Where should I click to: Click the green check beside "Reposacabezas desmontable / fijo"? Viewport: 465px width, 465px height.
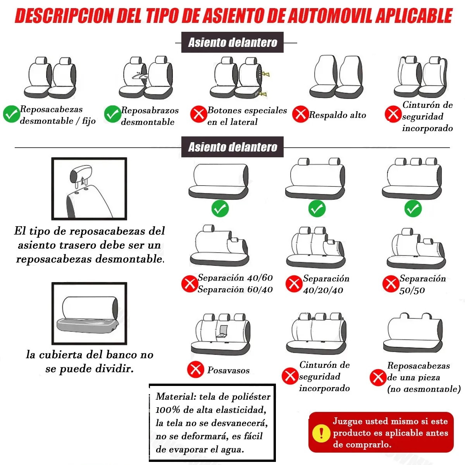[11, 114]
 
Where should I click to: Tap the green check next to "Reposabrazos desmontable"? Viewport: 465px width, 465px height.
[112, 114]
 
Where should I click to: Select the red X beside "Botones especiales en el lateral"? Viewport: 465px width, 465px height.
[198, 114]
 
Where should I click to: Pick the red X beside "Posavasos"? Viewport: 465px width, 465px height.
[195, 369]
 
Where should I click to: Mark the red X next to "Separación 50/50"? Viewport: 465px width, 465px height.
[390, 284]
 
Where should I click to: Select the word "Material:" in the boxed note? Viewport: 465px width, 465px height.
[176, 396]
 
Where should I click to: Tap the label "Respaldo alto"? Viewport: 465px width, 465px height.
[338, 115]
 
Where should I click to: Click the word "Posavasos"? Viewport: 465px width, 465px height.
[228, 370]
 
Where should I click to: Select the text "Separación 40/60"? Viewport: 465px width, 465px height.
[235, 277]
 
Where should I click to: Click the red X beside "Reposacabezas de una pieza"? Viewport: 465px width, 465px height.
[377, 377]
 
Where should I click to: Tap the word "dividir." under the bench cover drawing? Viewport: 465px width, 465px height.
[116, 369]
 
